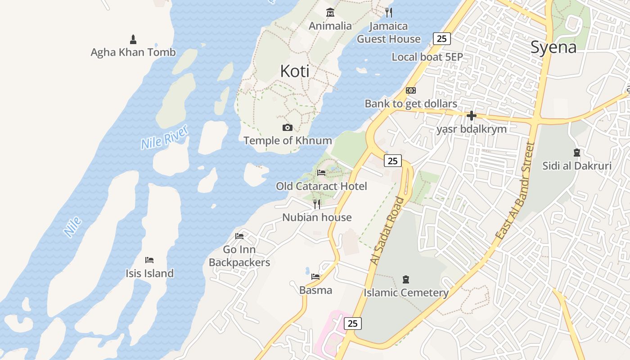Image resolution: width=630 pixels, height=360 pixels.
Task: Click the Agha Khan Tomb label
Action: pyautogui.click(x=133, y=52)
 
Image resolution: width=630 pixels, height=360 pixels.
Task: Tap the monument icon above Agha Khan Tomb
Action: pyautogui.click(x=133, y=39)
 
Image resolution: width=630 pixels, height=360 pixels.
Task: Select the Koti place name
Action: pyautogui.click(x=295, y=71)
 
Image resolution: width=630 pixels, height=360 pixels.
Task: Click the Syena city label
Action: pyautogui.click(x=553, y=47)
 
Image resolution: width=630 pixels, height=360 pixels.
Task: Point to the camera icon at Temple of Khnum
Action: pyautogui.click(x=288, y=128)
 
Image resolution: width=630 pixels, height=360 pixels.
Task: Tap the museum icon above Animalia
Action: pyautogui.click(x=330, y=13)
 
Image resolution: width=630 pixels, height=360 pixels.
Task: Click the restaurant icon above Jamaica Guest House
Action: pyautogui.click(x=389, y=13)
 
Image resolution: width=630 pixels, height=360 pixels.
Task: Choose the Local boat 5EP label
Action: pyautogui.click(x=427, y=57)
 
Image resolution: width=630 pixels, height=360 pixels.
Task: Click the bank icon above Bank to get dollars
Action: pyautogui.click(x=410, y=90)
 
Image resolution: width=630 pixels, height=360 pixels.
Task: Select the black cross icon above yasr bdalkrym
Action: pyautogui.click(x=471, y=116)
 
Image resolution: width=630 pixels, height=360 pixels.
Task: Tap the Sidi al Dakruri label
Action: pyautogui.click(x=576, y=166)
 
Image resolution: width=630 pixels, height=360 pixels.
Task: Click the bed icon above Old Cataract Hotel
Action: pyautogui.click(x=321, y=173)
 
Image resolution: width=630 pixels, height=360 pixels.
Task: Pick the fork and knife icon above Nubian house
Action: pyautogui.click(x=317, y=204)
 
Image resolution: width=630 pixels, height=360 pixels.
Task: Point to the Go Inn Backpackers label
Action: pyautogui.click(x=239, y=256)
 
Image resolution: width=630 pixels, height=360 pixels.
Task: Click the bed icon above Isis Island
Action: pyautogui.click(x=149, y=260)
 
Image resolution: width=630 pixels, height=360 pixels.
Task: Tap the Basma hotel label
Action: pyautogui.click(x=315, y=290)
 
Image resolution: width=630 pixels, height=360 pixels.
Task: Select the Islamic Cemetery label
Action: pyautogui.click(x=406, y=293)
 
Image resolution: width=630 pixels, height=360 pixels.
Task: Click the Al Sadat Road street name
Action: pyautogui.click(x=387, y=230)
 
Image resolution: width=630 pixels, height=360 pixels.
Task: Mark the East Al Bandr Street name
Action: pyautogui.click(x=514, y=191)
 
